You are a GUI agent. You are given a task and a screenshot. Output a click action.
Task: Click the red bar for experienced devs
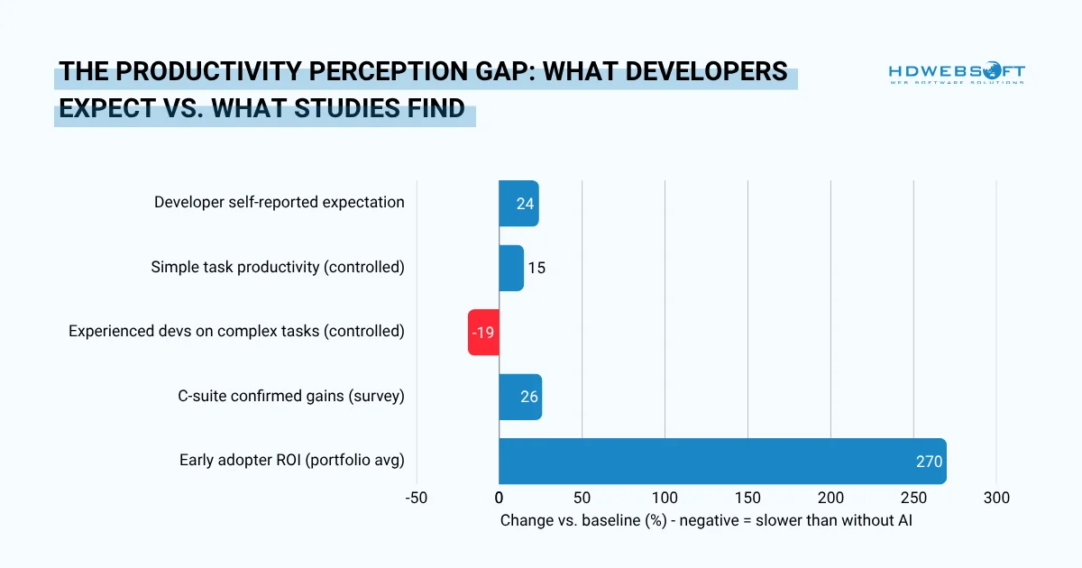(483, 332)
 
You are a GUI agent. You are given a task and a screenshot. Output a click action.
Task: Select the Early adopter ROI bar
(721, 462)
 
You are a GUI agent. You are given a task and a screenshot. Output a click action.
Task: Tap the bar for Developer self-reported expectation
(518, 203)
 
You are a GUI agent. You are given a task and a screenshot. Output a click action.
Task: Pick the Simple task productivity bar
(511, 268)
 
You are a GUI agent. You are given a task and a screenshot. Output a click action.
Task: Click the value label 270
(929, 462)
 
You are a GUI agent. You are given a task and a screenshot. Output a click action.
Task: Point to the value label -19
(482, 333)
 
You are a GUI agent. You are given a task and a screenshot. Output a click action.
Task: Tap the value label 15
(536, 268)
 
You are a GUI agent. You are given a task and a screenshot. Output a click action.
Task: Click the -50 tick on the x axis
(417, 498)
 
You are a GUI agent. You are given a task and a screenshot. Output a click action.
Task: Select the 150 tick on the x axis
(747, 498)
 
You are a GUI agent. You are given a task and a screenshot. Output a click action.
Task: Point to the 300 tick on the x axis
(995, 498)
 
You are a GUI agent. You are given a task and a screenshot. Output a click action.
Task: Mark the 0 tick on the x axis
(500, 498)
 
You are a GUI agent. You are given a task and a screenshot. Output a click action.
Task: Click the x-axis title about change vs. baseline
(706, 520)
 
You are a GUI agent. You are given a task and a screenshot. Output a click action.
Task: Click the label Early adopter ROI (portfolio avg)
(291, 461)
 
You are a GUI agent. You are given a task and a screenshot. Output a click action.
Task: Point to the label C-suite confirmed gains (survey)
(291, 396)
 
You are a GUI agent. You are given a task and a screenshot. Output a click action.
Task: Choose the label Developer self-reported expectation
(279, 202)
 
